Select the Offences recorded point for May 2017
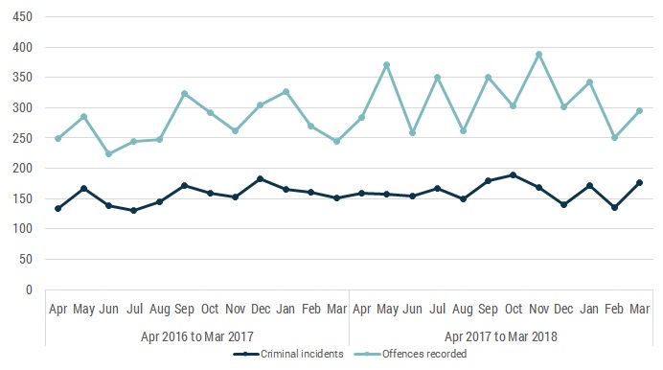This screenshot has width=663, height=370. tap(386, 65)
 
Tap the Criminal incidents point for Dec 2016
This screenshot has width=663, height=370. tap(261, 178)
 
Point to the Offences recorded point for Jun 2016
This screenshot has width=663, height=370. tap(108, 153)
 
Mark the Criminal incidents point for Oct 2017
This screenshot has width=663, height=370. tap(514, 174)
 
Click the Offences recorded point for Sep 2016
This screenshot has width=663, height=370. tap(184, 94)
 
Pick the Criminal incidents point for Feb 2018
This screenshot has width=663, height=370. tap(614, 207)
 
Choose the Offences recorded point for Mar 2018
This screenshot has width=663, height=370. tap(640, 110)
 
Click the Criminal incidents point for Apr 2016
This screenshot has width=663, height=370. tap(58, 208)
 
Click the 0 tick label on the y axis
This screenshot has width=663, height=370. tap(29, 290)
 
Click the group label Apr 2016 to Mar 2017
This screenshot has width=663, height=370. tap(196, 336)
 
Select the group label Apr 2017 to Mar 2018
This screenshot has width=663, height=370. tap(500, 336)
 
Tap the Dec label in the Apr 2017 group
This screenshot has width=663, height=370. tap(563, 310)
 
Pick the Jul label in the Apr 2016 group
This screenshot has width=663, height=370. tap(134, 310)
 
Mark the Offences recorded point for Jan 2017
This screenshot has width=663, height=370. tap(286, 92)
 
